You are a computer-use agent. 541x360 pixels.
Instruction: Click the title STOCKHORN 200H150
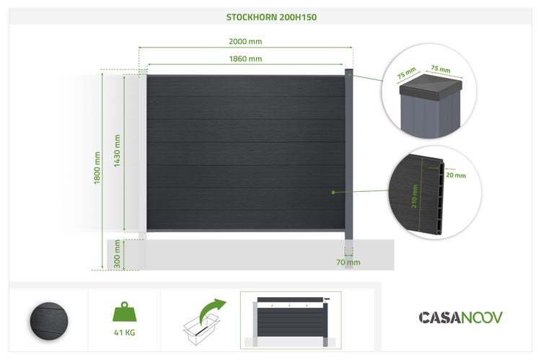click(270, 16)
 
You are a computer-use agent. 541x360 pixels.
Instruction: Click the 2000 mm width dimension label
click(245, 41)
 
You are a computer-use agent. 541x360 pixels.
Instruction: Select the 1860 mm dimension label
click(245, 58)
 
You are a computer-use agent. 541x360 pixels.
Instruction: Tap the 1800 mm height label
click(97, 168)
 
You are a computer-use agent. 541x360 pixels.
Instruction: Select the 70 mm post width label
click(348, 262)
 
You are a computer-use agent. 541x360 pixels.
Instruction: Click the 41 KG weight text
click(125, 333)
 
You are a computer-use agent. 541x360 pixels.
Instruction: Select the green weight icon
click(124, 312)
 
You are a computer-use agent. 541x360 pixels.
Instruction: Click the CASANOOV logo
click(461, 317)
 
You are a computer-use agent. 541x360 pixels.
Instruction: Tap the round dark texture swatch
click(48, 318)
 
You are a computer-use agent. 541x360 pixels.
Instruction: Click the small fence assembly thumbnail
click(290, 318)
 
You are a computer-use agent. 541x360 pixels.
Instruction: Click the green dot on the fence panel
click(333, 192)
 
